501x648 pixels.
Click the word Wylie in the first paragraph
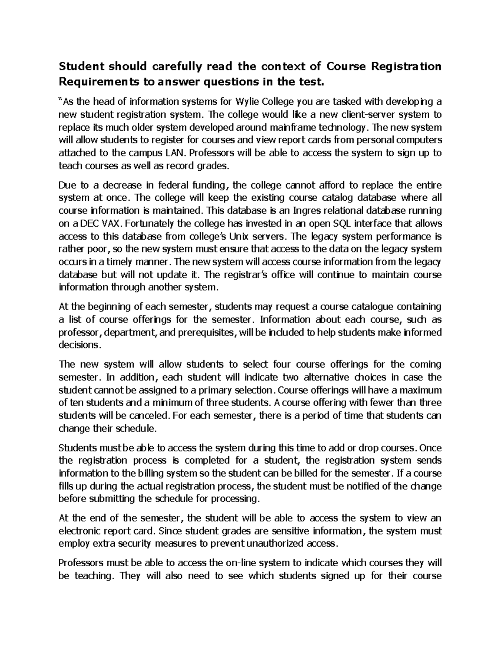point(248,101)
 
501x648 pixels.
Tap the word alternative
point(319,377)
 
